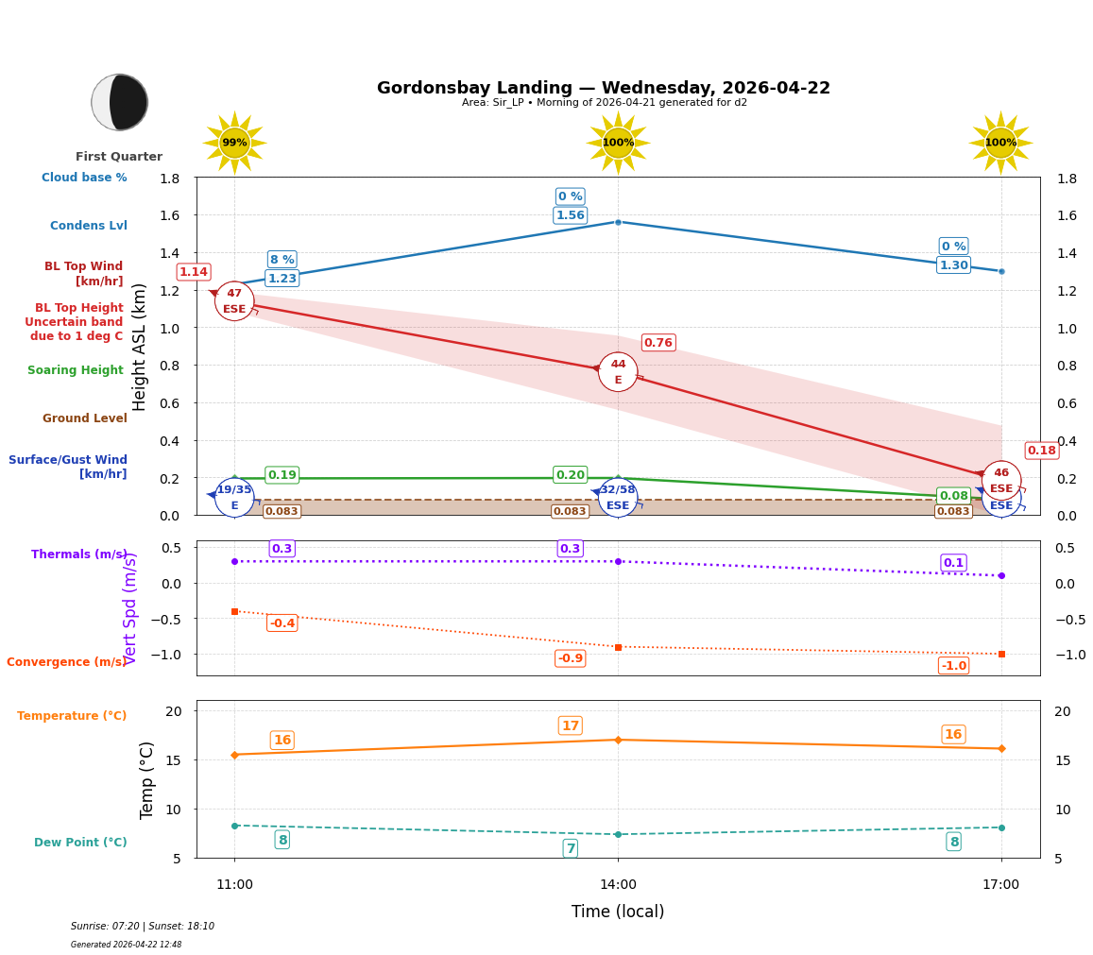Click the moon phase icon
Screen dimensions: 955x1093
tap(120, 102)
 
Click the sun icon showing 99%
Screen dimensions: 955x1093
tap(234, 143)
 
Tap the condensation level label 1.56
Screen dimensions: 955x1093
tap(570, 215)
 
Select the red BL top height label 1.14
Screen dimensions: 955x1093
tap(194, 272)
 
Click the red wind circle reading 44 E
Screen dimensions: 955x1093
tap(618, 372)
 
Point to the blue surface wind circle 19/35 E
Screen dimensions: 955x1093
tap(234, 497)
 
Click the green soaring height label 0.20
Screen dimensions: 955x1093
tap(570, 475)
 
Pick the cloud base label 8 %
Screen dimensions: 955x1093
tap(282, 260)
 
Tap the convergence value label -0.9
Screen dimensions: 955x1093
tap(570, 658)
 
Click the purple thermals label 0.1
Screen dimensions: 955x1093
tap(953, 563)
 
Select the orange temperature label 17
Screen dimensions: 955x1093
tap(570, 725)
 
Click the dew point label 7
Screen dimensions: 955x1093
tap(570, 848)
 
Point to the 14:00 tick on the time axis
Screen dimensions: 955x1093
tap(618, 885)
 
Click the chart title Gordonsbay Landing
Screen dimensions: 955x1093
tap(603, 88)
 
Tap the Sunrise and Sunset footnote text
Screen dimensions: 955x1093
tap(143, 927)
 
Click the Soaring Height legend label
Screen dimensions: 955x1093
tap(76, 370)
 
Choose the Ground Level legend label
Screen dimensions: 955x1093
tap(85, 418)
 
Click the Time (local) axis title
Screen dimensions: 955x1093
tap(618, 912)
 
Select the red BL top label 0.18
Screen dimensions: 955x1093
tap(1041, 451)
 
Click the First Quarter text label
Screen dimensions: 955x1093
tap(119, 157)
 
